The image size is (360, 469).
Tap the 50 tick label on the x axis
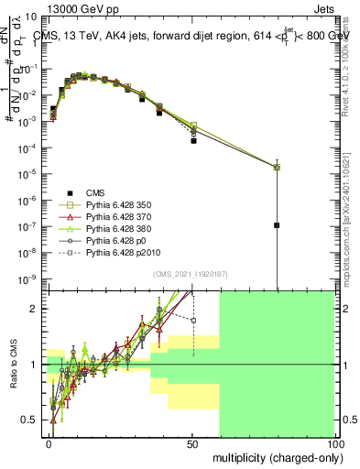192,443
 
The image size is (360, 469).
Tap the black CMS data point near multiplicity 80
277,224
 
